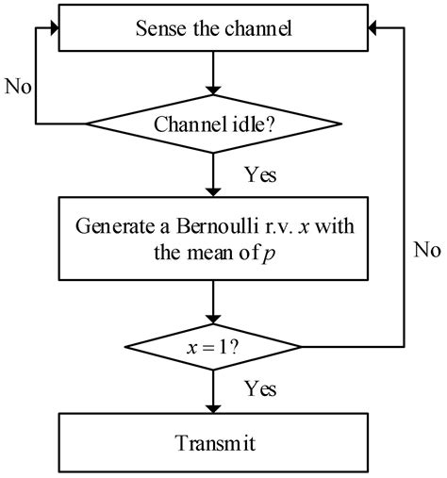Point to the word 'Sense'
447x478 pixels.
[156, 29]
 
